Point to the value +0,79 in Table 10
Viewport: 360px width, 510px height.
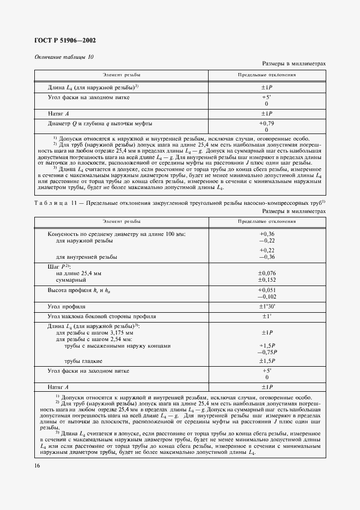pyautogui.click(x=266, y=123)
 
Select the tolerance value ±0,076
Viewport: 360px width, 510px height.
pyautogui.click(x=266, y=272)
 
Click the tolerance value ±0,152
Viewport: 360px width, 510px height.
pyautogui.click(x=266, y=280)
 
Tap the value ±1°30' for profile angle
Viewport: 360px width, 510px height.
pyautogui.click(x=266, y=306)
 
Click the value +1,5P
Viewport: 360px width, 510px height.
pyautogui.click(x=266, y=345)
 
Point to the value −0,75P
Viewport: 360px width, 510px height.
pyautogui.click(x=266, y=352)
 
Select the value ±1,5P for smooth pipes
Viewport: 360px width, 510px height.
pyautogui.click(x=266, y=361)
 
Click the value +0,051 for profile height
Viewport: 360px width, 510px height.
pyautogui.click(x=266, y=289)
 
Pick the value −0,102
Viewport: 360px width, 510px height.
pyautogui.click(x=266, y=296)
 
